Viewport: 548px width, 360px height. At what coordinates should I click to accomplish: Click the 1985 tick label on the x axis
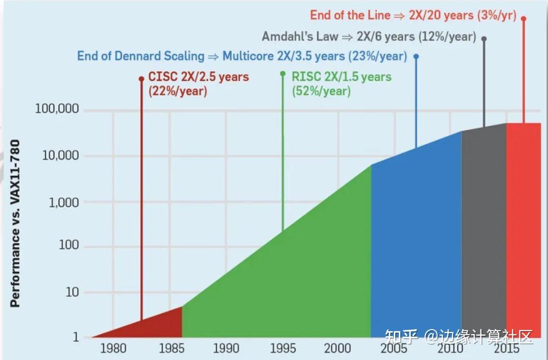(x=172, y=348)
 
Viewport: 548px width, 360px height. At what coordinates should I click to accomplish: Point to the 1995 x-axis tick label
(x=283, y=348)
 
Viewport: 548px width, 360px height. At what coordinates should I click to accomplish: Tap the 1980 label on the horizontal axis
(x=113, y=348)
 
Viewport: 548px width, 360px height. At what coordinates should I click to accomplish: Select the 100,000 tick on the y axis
(x=57, y=109)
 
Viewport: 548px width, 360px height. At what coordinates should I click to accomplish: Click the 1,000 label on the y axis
(x=64, y=202)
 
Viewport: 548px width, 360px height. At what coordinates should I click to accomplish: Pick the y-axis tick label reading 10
(x=73, y=292)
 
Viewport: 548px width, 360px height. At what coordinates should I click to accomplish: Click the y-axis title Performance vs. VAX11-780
(x=15, y=224)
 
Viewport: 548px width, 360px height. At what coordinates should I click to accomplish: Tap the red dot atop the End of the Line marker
(x=524, y=18)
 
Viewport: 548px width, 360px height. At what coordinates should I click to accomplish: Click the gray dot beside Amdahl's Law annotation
(x=484, y=39)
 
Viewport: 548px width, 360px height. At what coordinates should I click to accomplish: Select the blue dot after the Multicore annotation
(x=416, y=56)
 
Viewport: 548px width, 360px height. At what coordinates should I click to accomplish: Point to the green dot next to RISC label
(x=283, y=74)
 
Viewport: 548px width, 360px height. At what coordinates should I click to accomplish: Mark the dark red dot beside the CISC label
(x=142, y=79)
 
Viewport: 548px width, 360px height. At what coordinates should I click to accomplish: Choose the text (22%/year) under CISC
(x=178, y=91)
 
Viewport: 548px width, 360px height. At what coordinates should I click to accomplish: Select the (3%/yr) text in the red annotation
(x=496, y=15)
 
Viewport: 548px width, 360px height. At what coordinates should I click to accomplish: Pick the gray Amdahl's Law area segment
(x=484, y=231)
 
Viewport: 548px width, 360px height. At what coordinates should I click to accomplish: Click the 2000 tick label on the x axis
(x=337, y=348)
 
